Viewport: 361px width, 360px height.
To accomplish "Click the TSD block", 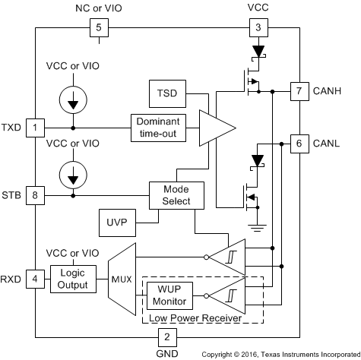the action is point(167,93).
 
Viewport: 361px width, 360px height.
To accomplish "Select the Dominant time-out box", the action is point(158,128).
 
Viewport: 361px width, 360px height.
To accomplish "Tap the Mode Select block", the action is point(176,195).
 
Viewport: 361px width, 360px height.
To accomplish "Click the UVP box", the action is point(117,223).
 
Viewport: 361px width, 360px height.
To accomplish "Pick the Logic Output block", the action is point(73,279).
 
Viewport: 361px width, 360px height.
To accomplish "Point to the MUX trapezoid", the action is point(122,279).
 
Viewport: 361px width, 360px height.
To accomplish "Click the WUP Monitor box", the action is point(169,295).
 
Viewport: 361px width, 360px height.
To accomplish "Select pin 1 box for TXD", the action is point(35,128).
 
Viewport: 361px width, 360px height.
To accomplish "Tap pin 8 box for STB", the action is point(35,195).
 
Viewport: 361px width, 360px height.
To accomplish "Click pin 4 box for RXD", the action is point(35,279).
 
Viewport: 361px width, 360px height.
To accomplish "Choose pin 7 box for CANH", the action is point(299,91).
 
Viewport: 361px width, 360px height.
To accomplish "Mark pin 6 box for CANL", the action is point(299,144).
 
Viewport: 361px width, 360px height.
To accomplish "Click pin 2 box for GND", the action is point(167,337).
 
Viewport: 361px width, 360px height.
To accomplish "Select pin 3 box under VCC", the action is point(258,27).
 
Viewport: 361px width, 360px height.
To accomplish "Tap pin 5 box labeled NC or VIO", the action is point(99,27).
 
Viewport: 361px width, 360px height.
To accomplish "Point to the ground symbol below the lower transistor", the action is point(257,228).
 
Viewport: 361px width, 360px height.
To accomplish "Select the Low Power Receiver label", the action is point(195,318).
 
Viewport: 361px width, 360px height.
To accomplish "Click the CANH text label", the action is point(327,91).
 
